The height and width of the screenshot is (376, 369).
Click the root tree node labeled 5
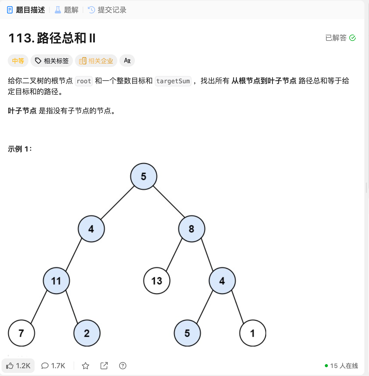tap(144, 176)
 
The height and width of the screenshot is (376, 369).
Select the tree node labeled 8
tap(191, 229)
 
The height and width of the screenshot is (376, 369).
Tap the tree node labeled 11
tap(56, 281)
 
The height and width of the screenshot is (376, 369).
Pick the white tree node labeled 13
tap(157, 281)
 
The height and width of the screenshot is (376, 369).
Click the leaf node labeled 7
tap(21, 333)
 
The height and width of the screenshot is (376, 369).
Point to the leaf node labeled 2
tap(87, 333)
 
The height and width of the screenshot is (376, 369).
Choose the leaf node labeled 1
tap(253, 333)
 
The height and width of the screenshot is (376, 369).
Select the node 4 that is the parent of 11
tap(91, 229)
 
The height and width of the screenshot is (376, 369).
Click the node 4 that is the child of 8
tap(222, 281)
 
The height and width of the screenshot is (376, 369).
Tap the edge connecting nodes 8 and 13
tap(174, 255)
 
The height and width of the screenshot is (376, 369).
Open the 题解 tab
tap(67, 10)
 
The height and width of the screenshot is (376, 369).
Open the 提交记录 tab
tap(107, 10)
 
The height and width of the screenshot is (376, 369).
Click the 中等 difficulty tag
tap(18, 61)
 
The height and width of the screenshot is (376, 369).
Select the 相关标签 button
tap(52, 61)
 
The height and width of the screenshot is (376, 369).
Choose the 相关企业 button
tap(96, 61)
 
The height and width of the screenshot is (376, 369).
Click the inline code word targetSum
tap(173, 81)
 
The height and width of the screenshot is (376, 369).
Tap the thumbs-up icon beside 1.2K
tap(10, 366)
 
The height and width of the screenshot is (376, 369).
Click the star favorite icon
tap(86, 366)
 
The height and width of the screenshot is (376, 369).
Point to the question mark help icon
tap(123, 366)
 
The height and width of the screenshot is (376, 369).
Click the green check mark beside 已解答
tap(352, 38)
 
